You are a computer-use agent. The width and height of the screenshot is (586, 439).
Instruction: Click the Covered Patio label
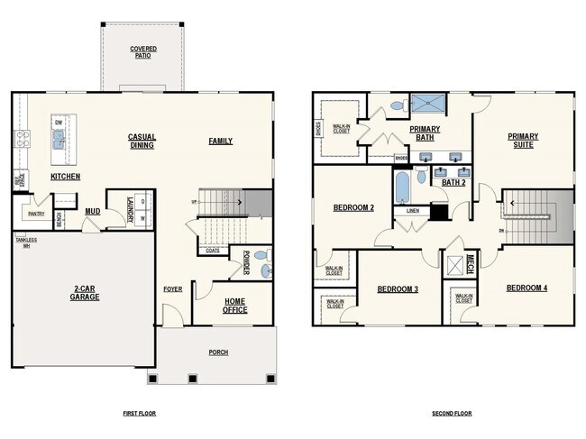(x=142, y=51)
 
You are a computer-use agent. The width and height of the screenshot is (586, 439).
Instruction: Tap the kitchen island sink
(x=60, y=138)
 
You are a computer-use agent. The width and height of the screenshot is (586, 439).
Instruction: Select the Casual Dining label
(x=142, y=141)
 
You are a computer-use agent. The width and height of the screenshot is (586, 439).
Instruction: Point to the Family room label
(x=220, y=141)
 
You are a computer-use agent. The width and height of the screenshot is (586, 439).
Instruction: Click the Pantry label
(x=36, y=215)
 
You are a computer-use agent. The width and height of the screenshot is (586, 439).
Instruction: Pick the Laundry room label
(x=129, y=206)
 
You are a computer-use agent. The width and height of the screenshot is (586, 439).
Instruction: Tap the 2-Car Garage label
(x=83, y=294)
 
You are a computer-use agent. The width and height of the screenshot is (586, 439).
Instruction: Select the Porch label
(x=217, y=352)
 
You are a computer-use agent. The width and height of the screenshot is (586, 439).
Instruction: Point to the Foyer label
(x=172, y=289)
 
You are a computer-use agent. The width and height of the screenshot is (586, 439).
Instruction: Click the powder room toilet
(x=261, y=256)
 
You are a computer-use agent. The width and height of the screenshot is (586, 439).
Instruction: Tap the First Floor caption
(x=140, y=413)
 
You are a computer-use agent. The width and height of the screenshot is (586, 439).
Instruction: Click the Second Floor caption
(x=452, y=413)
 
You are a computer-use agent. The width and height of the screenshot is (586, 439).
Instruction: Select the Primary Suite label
(x=522, y=141)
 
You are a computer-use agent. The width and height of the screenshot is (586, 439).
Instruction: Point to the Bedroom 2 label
(x=353, y=207)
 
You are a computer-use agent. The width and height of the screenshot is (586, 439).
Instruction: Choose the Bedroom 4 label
(x=526, y=288)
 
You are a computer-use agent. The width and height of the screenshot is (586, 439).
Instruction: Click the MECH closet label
(x=470, y=263)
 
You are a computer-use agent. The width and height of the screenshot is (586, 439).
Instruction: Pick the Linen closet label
(x=412, y=211)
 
